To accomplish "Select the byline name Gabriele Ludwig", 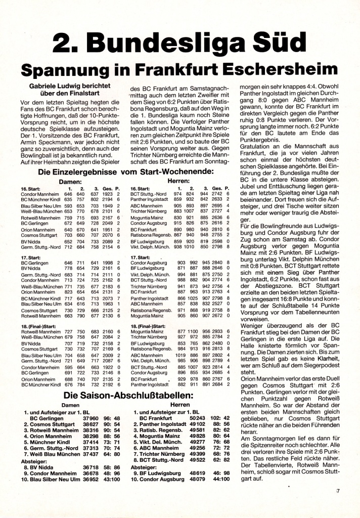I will [70, 86].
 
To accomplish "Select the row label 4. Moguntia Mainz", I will [156, 435].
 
